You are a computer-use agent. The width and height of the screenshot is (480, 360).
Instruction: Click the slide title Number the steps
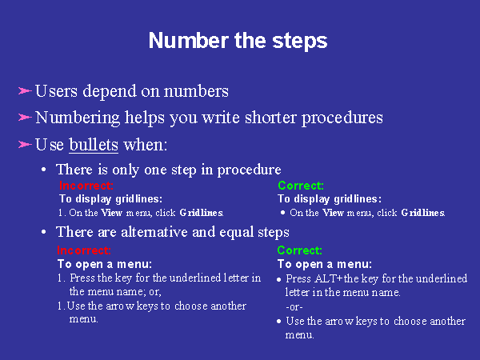(238, 41)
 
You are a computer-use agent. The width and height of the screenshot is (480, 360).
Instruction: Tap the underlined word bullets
(94, 145)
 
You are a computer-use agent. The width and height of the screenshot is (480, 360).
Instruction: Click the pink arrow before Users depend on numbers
(25, 91)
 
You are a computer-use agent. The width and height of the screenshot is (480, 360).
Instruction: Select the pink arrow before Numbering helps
(25, 118)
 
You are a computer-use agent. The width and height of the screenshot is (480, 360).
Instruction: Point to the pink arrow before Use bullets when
(25, 144)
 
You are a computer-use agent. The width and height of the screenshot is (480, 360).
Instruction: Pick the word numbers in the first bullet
(196, 91)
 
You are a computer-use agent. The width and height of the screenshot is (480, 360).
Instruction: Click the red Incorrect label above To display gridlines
(86, 186)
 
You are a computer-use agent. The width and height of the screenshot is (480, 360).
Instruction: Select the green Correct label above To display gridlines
(301, 186)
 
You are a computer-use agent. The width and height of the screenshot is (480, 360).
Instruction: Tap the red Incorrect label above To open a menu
(84, 250)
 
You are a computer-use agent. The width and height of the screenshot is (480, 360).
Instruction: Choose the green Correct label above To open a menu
(300, 250)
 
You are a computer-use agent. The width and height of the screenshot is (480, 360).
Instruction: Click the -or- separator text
(294, 306)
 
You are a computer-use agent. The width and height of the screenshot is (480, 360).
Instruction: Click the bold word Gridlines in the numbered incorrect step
(202, 213)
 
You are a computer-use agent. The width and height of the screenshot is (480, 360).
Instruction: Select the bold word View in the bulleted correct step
(334, 213)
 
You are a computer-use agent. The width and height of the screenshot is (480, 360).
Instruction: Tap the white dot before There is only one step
(44, 170)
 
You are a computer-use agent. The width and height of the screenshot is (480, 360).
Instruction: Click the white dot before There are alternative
(44, 232)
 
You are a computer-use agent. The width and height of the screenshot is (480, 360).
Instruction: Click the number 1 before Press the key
(59, 278)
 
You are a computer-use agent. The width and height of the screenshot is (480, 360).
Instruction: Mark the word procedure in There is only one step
(249, 170)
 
